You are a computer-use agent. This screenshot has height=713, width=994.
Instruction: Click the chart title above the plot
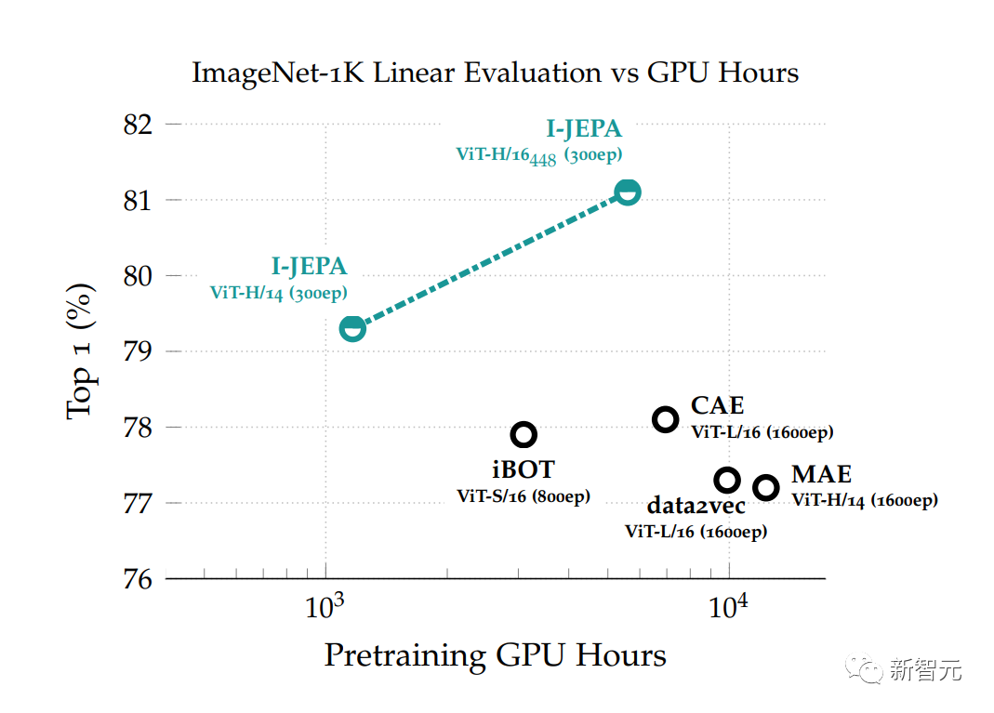pyautogui.click(x=495, y=73)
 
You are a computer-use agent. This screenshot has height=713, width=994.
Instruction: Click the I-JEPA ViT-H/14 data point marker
pyautogui.click(x=352, y=328)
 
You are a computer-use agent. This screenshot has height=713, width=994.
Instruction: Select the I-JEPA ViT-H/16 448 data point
pyautogui.click(x=629, y=192)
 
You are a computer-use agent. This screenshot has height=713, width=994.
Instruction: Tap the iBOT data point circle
pyautogui.click(x=524, y=434)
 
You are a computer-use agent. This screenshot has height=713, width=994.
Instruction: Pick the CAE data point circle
pyautogui.click(x=665, y=419)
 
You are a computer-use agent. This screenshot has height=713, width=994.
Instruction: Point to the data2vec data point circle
pyautogui.click(x=727, y=480)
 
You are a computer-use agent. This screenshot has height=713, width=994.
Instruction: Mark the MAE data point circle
pyautogui.click(x=765, y=488)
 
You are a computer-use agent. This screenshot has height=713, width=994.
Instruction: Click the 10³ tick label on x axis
pyautogui.click(x=325, y=608)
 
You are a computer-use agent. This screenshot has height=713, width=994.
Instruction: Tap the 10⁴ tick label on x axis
pyautogui.click(x=729, y=608)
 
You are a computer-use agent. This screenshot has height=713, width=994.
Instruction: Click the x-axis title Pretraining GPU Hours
pyautogui.click(x=495, y=655)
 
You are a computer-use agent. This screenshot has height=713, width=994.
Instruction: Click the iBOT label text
pyautogui.click(x=524, y=469)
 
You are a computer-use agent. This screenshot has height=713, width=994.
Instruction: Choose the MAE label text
pyautogui.click(x=821, y=475)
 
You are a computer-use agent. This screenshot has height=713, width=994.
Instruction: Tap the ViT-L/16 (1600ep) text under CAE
pyautogui.click(x=762, y=432)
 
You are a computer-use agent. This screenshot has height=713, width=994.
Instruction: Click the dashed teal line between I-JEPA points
pyautogui.click(x=490, y=260)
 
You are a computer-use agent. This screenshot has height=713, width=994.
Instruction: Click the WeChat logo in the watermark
pyautogui.click(x=869, y=668)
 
